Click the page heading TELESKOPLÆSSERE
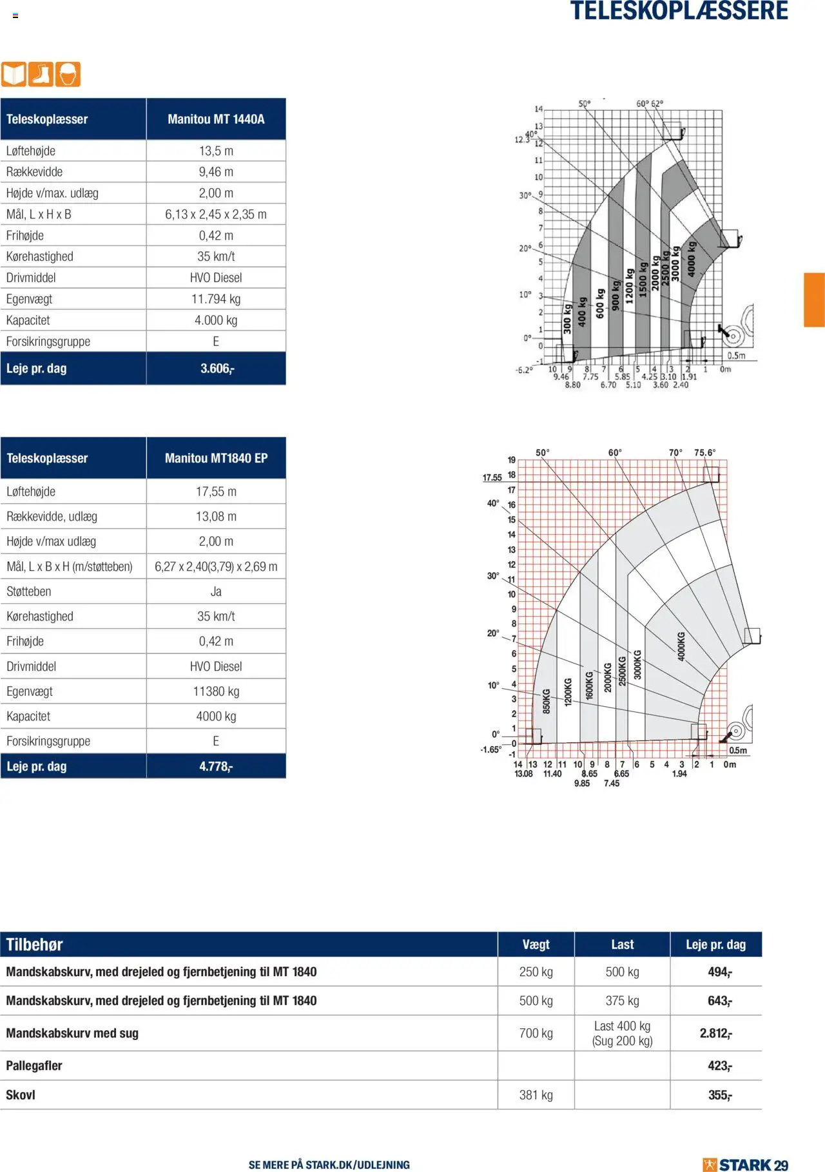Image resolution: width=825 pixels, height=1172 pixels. tap(679, 12)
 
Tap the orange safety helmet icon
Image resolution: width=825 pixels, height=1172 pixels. tap(68, 75)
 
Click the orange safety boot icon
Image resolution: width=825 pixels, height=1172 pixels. tap(41, 75)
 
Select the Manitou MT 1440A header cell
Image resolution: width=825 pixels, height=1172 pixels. tap(216, 119)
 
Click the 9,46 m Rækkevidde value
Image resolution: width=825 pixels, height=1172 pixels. tap(216, 172)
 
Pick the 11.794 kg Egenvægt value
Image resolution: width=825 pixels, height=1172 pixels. tap(216, 299)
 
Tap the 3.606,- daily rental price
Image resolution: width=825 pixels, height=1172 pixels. tap(217, 369)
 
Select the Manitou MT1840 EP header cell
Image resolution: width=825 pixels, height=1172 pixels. tap(216, 458)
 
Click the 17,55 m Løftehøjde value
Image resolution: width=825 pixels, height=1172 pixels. tap(216, 492)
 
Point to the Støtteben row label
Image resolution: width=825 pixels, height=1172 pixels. tap(29, 591)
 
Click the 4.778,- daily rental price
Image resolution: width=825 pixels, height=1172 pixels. tap(216, 766)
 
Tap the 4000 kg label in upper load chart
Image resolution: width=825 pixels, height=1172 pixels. tap(691, 259)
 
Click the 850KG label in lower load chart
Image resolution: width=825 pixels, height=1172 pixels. tap(546, 701)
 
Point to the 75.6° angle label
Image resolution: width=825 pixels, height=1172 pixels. tap(704, 453)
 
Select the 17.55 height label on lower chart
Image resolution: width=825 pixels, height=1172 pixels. tap(492, 477)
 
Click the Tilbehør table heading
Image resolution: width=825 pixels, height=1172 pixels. tap(35, 945)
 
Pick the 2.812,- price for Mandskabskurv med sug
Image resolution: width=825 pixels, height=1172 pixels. tap(715, 1033)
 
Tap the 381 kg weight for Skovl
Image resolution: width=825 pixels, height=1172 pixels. tap(536, 1095)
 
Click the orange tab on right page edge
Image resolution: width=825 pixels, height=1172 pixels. tap(814, 300)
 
